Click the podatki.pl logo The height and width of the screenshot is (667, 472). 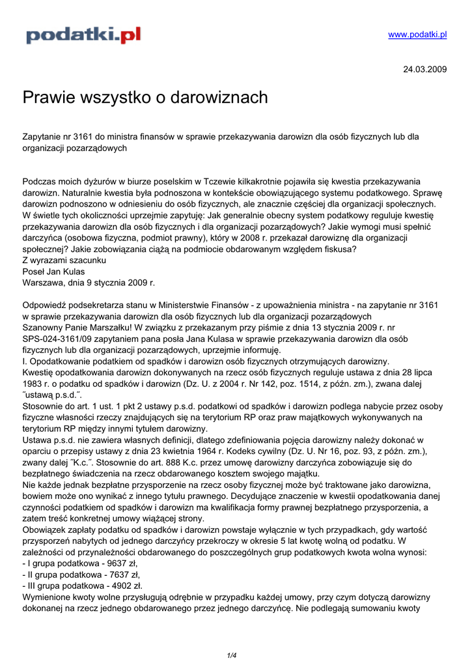[x=83, y=35]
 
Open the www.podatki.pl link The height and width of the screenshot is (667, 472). [x=417, y=35]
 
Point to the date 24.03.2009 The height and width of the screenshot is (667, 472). [x=425, y=69]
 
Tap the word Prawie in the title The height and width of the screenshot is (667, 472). [x=47, y=98]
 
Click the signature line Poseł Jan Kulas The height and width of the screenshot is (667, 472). [x=53, y=272]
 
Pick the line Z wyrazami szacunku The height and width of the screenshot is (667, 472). [x=64, y=261]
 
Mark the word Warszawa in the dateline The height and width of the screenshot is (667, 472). [x=45, y=283]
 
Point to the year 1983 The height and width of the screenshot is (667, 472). [x=33, y=384]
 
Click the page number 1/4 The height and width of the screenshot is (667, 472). [x=232, y=655]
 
